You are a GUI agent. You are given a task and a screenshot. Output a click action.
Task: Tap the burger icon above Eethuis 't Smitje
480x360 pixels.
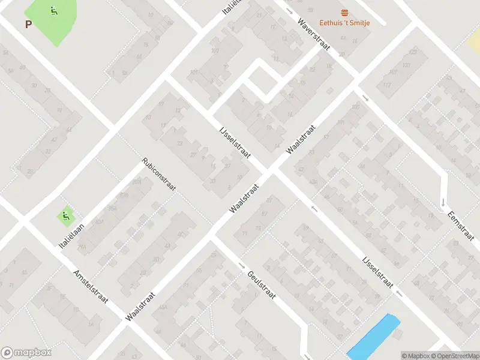click(344, 13)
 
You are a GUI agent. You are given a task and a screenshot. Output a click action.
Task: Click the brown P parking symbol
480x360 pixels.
click(28, 25)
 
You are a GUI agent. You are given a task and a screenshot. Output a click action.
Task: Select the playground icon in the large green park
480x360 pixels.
click(55, 10)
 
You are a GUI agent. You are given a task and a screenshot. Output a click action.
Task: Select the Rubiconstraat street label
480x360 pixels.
click(158, 175)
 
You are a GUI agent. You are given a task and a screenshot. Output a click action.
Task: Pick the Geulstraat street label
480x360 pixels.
click(261, 285)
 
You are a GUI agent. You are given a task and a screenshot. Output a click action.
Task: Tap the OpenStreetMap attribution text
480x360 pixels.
click(455, 356)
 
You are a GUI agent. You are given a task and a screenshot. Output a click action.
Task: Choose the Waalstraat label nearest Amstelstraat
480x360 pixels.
click(142, 305)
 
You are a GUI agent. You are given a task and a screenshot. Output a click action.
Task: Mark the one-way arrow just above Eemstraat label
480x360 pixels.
click(443, 202)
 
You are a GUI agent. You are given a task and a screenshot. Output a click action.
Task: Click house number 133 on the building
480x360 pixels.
click(407, 65)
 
